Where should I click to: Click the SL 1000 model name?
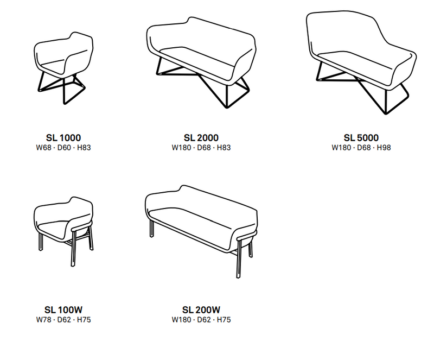(x=63, y=138)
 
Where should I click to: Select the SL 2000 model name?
(x=201, y=138)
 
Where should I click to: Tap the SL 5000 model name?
(x=361, y=138)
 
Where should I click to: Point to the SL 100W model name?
(x=63, y=310)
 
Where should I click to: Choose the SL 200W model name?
(x=201, y=310)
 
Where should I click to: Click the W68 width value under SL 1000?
(x=44, y=148)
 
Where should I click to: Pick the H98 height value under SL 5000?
(x=384, y=148)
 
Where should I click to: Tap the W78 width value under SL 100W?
(x=44, y=320)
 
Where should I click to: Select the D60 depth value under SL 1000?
(x=64, y=148)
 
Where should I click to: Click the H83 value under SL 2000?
(x=224, y=148)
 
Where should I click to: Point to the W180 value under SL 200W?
(x=181, y=320)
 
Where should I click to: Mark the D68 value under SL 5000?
(x=363, y=148)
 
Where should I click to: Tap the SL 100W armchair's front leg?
(x=74, y=248)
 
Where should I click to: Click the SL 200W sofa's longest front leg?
(x=239, y=258)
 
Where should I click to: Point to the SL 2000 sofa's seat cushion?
(x=198, y=58)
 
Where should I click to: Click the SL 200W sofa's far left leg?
(x=152, y=229)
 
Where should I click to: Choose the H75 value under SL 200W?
(x=224, y=320)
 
